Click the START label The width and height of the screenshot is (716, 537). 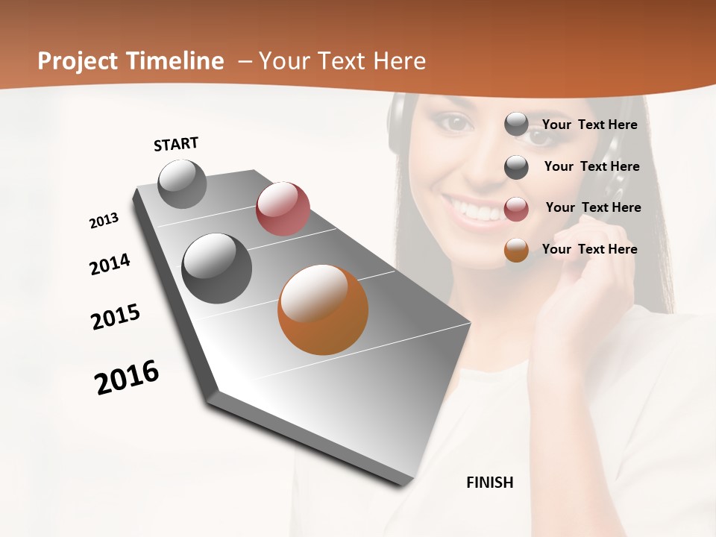click(x=176, y=144)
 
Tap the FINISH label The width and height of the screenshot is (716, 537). click(x=490, y=483)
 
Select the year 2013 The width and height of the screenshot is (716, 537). click(x=104, y=220)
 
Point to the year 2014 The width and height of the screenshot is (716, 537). click(x=110, y=264)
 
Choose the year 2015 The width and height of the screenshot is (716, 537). click(x=116, y=317)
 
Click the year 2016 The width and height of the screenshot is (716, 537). click(x=127, y=377)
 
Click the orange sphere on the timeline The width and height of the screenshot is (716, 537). click(x=323, y=310)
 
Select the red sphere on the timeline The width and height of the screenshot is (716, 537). click(x=283, y=208)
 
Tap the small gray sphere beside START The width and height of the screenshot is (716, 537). click(x=183, y=184)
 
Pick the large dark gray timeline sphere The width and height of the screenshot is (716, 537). click(x=216, y=268)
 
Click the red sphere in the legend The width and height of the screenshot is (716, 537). click(x=516, y=209)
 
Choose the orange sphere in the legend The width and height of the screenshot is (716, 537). click(x=516, y=250)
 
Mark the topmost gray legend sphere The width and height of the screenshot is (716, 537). click(x=516, y=124)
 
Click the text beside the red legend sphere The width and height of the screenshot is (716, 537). click(x=593, y=207)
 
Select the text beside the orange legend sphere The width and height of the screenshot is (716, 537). click(x=590, y=249)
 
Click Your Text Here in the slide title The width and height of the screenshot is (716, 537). click(x=342, y=61)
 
